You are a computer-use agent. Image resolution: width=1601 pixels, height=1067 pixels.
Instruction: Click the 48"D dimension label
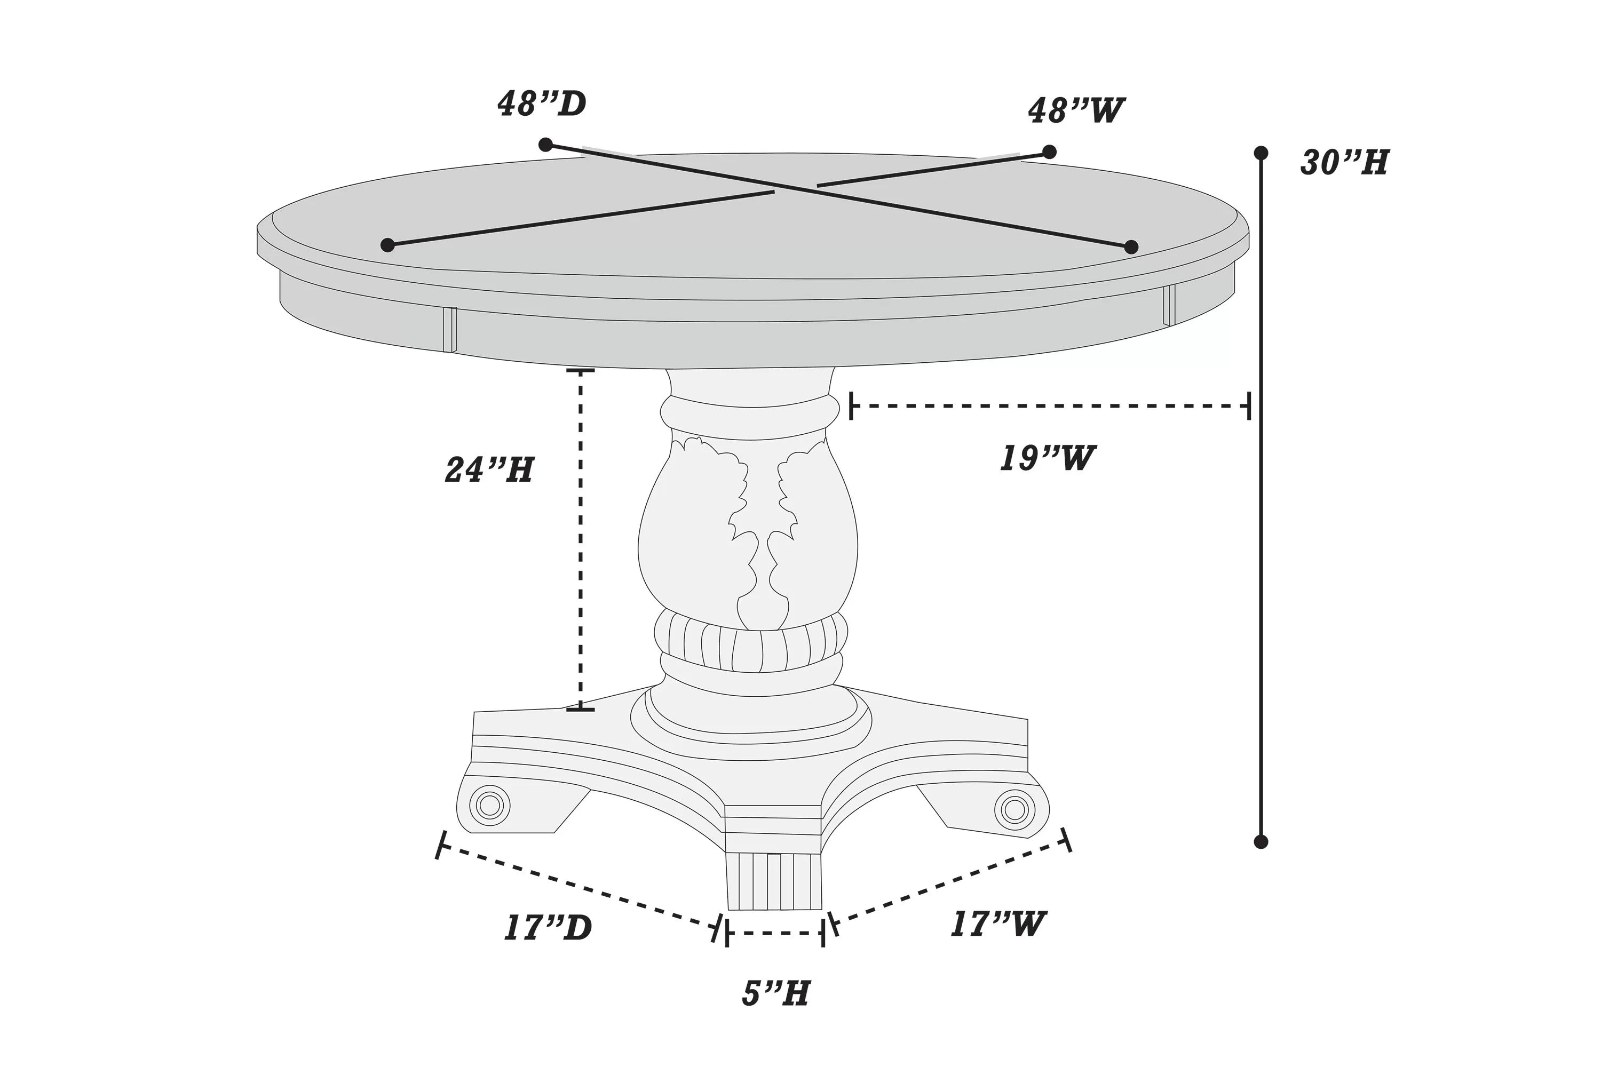(x=542, y=103)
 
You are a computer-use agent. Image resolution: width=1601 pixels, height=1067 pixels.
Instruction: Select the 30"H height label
(x=1344, y=163)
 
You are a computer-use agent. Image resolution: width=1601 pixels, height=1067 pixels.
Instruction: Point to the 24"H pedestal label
(x=489, y=469)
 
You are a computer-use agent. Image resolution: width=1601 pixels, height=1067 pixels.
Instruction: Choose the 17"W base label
(x=998, y=924)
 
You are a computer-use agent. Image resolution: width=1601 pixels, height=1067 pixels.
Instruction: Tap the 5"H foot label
(x=776, y=993)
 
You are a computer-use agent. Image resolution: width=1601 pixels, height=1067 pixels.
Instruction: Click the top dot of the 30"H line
(x=1261, y=153)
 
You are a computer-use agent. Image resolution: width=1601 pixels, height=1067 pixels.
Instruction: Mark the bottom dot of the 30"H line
(x=1261, y=842)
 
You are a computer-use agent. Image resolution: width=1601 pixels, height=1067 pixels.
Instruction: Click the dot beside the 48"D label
(x=545, y=144)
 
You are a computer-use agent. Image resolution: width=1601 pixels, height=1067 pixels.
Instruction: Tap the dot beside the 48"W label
(x=1049, y=152)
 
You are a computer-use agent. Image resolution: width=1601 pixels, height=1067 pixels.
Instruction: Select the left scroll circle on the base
(x=489, y=806)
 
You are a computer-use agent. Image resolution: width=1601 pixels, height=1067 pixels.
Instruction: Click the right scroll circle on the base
(x=1015, y=810)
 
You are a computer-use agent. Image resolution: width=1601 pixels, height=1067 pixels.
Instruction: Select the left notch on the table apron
(x=449, y=329)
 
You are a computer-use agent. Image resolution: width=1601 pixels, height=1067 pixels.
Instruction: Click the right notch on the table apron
(x=1169, y=305)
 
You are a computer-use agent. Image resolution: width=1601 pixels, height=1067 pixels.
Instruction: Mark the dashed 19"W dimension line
(x=1048, y=405)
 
